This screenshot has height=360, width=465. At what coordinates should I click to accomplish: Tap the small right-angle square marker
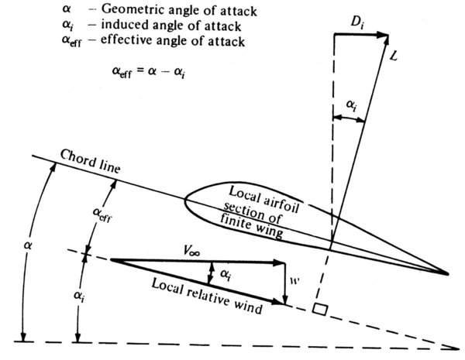pyautogui.click(x=318, y=309)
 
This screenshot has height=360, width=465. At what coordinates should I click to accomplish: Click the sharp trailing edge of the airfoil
pyautogui.click(x=448, y=273)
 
